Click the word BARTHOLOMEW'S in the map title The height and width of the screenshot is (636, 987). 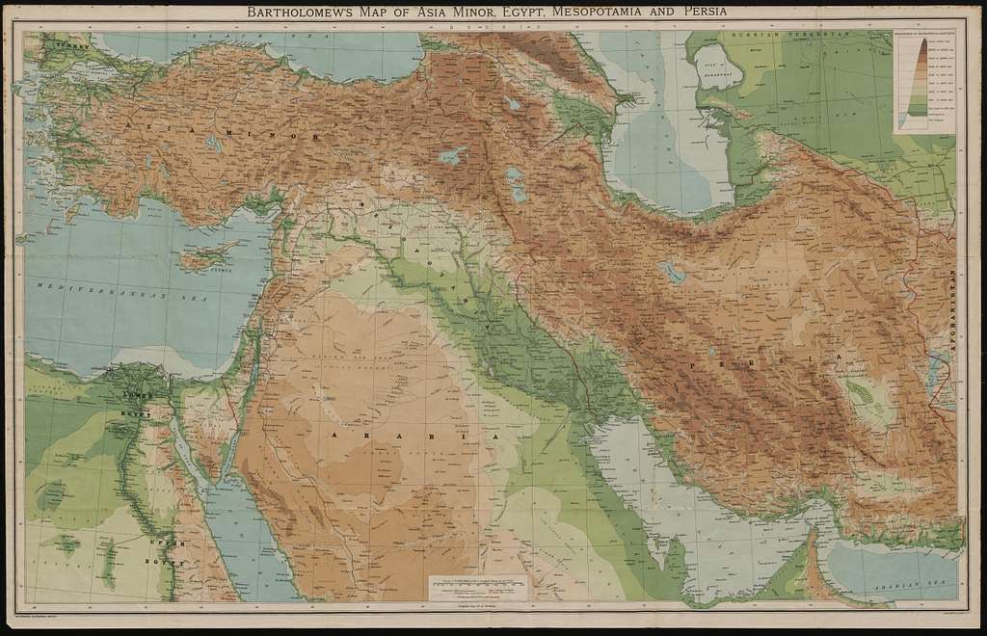point(305,13)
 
